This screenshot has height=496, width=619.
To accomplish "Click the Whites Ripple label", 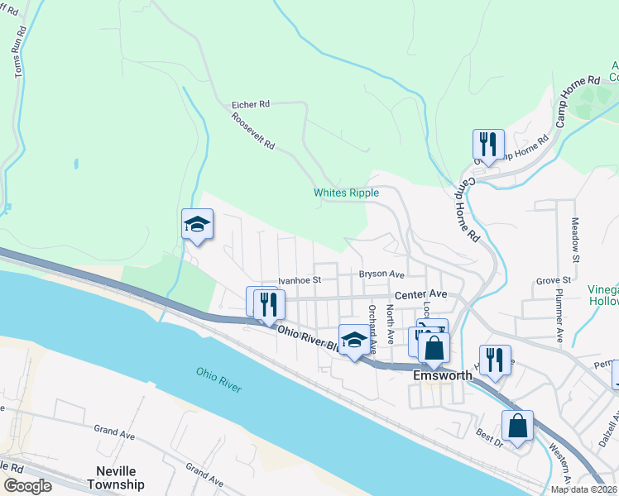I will click(x=346, y=193).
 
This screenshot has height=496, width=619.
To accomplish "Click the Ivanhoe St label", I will click(x=299, y=281).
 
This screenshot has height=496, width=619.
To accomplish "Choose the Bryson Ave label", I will click(x=381, y=274).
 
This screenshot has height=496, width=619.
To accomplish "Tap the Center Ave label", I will click(x=420, y=293).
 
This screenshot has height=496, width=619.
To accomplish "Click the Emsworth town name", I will click(x=442, y=375).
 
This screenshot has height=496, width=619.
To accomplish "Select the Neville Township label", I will click(x=115, y=479).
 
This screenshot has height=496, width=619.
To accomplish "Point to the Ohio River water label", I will click(x=219, y=379).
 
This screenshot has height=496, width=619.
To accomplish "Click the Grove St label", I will click(x=554, y=281).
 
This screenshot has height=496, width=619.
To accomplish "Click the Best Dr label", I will click(x=489, y=432).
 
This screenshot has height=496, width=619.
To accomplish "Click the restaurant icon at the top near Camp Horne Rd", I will click(x=488, y=144).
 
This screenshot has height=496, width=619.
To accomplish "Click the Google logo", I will click(x=27, y=486).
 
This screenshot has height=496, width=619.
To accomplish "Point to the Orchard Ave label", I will click(x=372, y=324).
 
